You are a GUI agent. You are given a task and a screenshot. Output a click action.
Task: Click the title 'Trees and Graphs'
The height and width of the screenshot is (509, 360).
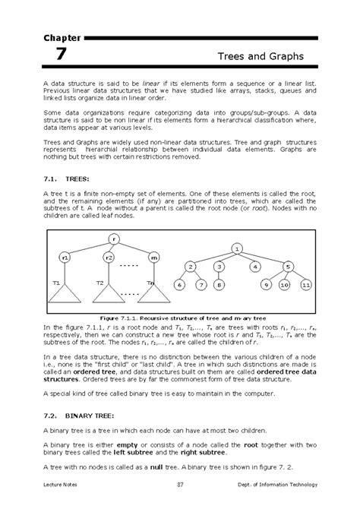point(260,57)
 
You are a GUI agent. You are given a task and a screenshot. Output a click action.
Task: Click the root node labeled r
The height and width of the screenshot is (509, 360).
point(114,239)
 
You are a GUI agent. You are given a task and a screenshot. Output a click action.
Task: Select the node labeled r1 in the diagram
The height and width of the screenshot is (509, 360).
point(66,258)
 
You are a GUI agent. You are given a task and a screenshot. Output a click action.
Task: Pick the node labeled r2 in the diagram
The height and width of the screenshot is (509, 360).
point(109,258)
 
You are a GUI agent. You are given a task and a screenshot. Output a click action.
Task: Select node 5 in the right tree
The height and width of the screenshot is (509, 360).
point(287,267)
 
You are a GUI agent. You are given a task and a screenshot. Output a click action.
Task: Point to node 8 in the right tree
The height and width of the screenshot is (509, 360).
point(218,285)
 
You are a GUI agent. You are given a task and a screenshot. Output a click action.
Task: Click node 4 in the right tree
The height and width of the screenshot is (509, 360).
point(256,267)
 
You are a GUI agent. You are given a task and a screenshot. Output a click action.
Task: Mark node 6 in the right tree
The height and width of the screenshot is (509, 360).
point(179,285)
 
